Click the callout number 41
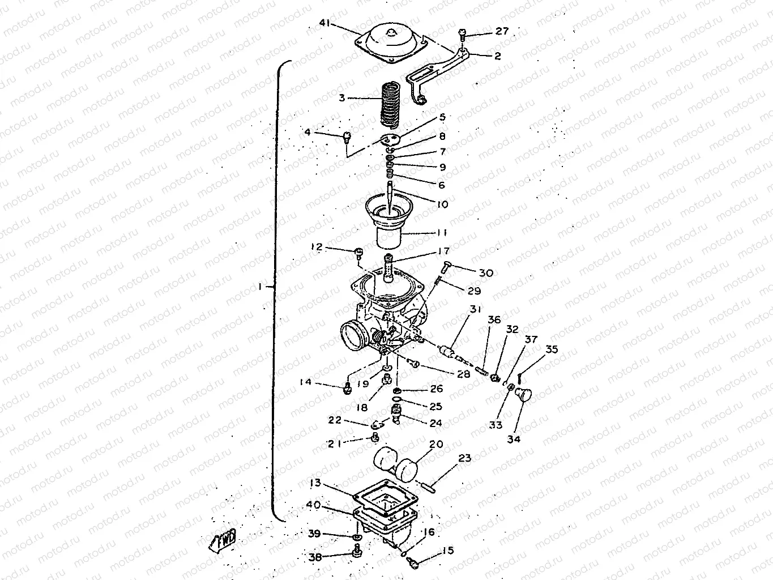click(x=324, y=23)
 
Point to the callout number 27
click(x=502, y=31)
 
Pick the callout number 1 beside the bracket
click(x=260, y=287)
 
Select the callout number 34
click(x=514, y=438)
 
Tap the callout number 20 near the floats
click(x=436, y=445)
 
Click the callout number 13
click(x=315, y=483)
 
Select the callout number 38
click(x=315, y=557)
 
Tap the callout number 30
click(x=485, y=273)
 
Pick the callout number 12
click(x=316, y=247)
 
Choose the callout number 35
click(x=551, y=349)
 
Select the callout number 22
click(x=335, y=420)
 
